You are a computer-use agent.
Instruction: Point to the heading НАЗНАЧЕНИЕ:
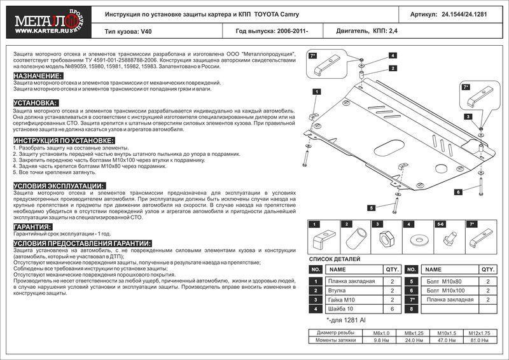click(x=38, y=76)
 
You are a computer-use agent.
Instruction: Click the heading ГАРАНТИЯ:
click(x=32, y=226)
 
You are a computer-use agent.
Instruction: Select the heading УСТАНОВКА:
click(x=36, y=102)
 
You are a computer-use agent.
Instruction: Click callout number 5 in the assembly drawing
click(x=372, y=207)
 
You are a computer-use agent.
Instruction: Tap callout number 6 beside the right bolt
click(x=458, y=191)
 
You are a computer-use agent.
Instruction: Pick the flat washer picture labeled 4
click(x=417, y=240)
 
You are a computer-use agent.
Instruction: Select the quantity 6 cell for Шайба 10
click(x=392, y=309)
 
